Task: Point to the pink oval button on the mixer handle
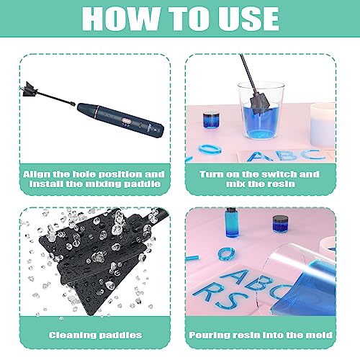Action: click(129, 120)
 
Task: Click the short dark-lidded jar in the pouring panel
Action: click(281, 224)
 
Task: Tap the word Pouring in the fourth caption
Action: click(220, 334)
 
